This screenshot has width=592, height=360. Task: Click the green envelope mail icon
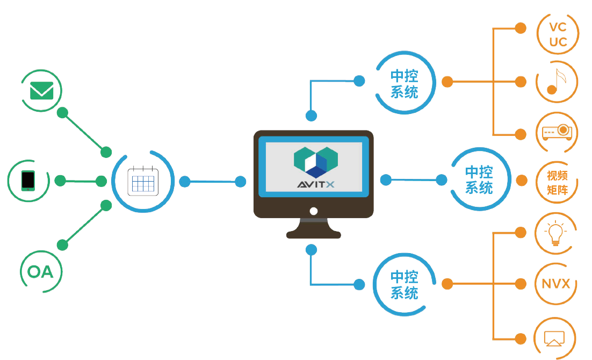pos(42,90)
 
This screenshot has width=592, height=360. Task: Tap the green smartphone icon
pos(28,181)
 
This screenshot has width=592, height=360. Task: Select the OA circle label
pos(41,272)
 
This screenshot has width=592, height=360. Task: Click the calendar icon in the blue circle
pos(143,182)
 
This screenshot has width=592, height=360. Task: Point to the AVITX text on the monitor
pos(316,185)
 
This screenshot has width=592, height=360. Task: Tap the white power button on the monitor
pos(314,211)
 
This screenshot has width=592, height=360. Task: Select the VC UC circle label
pos(558,35)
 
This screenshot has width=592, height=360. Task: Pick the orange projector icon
pos(557,131)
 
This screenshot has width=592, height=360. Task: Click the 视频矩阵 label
pos(557,183)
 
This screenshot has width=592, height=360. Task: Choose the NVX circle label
pos(556,284)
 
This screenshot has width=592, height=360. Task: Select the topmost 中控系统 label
pos(405,84)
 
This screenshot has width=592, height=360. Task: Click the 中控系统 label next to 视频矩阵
pos(479,180)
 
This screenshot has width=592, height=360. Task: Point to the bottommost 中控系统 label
pos(404,285)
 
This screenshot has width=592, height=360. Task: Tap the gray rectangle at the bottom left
pos(132,328)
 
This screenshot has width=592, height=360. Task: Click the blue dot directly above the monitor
pos(311,116)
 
